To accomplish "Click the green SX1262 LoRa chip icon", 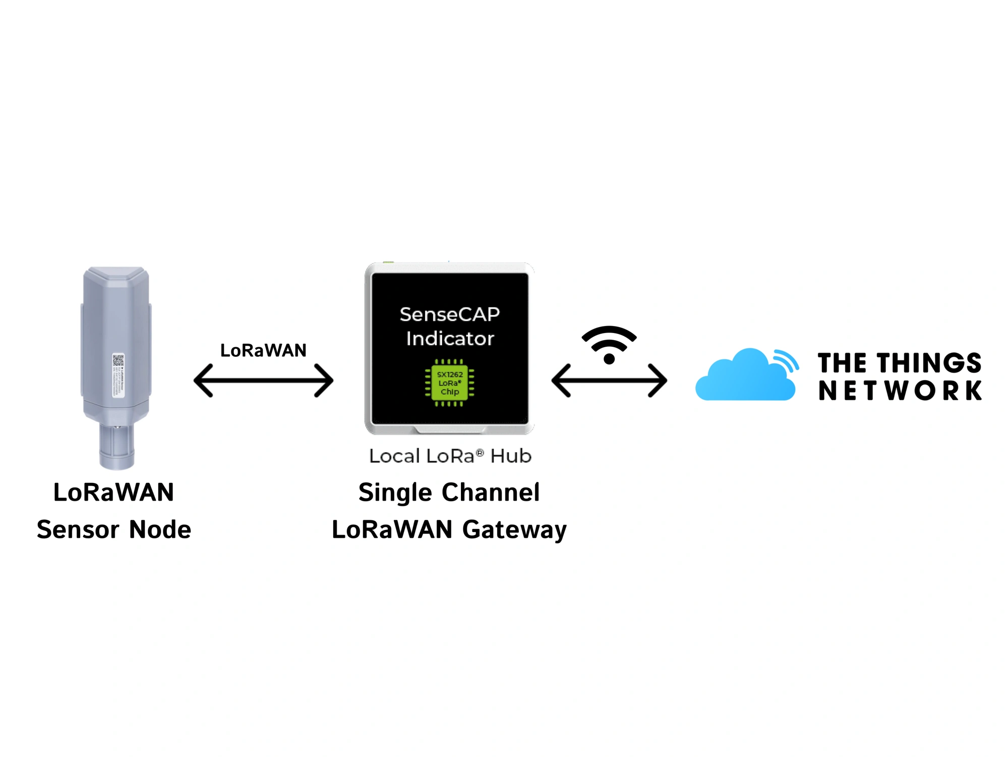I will pyautogui.click(x=449, y=383).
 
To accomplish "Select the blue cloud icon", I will pyautogui.click(x=744, y=376).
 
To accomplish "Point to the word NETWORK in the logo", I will pyautogui.click(x=900, y=391).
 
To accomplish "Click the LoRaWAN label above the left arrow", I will pyautogui.click(x=263, y=350).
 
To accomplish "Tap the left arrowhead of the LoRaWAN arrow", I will pyautogui.click(x=202, y=381).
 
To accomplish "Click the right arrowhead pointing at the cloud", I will pyautogui.click(x=659, y=381).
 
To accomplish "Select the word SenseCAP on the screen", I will pyautogui.click(x=449, y=314).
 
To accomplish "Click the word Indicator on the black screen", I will pyautogui.click(x=449, y=339).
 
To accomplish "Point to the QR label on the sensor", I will pyautogui.click(x=118, y=375).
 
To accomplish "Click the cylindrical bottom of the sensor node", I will pyautogui.click(x=116, y=447).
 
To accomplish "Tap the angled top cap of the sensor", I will pyautogui.click(x=116, y=278).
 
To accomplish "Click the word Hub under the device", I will pyautogui.click(x=510, y=456).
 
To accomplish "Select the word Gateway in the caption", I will pyautogui.click(x=514, y=529).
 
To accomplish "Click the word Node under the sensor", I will pyautogui.click(x=160, y=529).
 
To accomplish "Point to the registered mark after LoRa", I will pyautogui.click(x=480, y=453).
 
